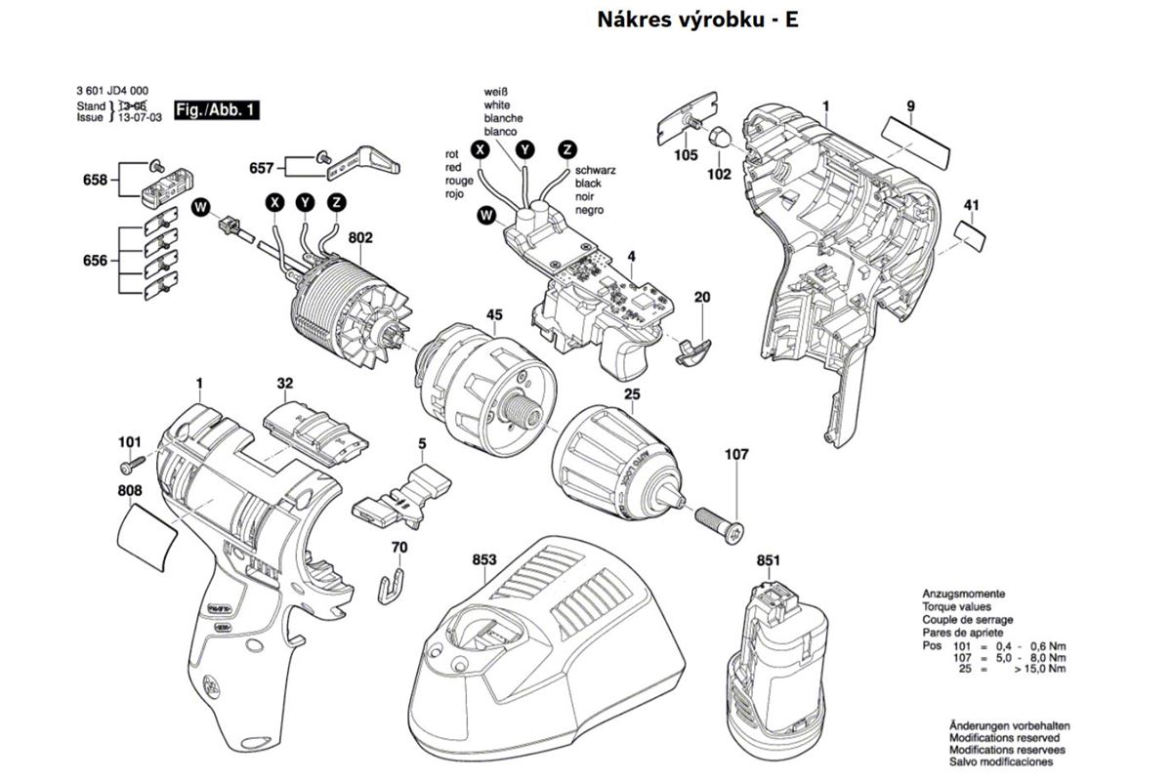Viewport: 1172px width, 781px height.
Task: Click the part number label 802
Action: coord(360,236)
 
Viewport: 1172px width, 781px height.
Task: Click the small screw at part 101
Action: coord(140,459)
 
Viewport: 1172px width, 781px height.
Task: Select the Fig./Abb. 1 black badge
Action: coord(217,110)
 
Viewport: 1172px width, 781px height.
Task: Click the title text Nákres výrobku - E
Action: coord(696,19)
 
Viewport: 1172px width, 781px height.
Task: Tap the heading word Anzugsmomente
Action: coord(964,595)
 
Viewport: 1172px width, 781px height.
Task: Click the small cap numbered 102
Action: coord(717,138)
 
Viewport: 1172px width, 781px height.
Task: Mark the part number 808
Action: coord(131,490)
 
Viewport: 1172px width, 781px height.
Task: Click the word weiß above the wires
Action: coord(495,92)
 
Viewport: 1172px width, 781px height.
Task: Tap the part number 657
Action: coord(261,168)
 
